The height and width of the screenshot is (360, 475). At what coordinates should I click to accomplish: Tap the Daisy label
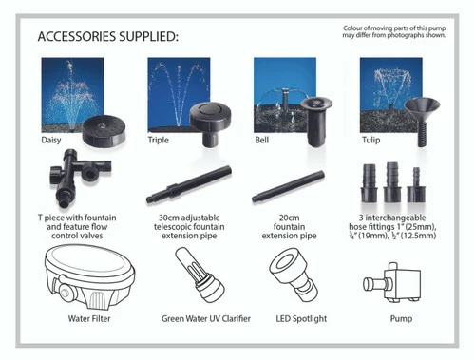click(x=51, y=140)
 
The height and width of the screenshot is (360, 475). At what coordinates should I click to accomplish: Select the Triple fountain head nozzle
click(x=210, y=123)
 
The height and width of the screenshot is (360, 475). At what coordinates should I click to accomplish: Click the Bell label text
click(x=262, y=140)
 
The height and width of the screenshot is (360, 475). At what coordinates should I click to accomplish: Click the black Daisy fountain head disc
click(x=104, y=130)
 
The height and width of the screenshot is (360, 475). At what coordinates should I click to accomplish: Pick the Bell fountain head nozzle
click(x=316, y=122)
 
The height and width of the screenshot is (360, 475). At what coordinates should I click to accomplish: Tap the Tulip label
click(x=370, y=140)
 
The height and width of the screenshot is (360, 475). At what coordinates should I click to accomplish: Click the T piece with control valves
click(x=79, y=178)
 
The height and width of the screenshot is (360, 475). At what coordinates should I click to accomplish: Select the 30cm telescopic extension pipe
click(x=189, y=184)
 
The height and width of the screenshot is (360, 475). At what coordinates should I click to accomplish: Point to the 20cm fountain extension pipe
click(x=288, y=187)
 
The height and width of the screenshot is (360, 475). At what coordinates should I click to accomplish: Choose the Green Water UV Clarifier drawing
click(x=199, y=275)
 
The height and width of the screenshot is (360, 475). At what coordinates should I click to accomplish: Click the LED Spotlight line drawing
click(x=294, y=275)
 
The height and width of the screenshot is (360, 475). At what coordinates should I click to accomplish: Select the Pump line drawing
click(x=392, y=282)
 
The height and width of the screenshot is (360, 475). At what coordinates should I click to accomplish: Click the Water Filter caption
click(x=89, y=318)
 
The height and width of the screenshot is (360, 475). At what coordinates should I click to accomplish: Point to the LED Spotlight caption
click(x=301, y=319)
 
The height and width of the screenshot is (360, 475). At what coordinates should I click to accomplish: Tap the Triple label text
click(x=158, y=140)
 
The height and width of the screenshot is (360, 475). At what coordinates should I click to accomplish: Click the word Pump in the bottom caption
click(x=401, y=319)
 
